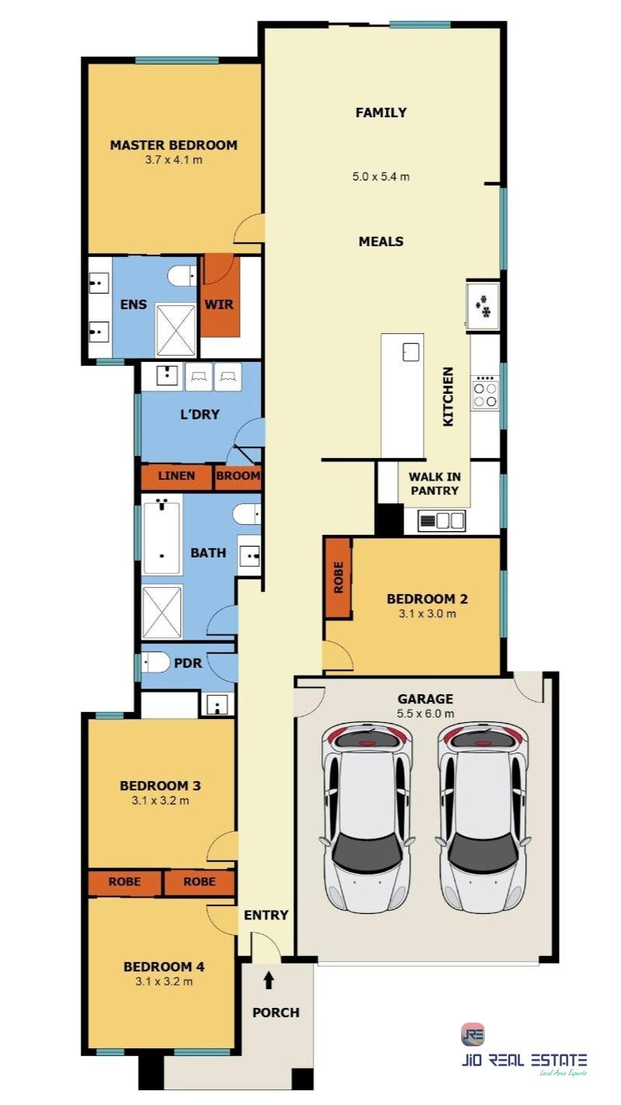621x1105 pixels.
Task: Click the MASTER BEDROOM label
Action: click(174, 145)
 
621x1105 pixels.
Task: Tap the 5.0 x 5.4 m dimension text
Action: click(381, 176)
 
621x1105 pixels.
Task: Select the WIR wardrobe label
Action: click(219, 304)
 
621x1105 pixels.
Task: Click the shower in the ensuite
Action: click(175, 330)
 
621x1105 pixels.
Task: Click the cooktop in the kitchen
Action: click(485, 393)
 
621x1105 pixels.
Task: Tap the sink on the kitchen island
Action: click(411, 353)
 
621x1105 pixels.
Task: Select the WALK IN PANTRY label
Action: click(435, 484)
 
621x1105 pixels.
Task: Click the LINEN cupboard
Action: click(176, 477)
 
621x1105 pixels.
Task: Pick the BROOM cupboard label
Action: click(238, 476)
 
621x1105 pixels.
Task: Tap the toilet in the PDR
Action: click(155, 662)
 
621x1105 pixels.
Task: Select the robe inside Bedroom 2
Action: click(338, 578)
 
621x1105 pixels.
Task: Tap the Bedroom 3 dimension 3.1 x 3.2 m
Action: click(161, 800)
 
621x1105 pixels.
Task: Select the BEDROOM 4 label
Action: click(164, 966)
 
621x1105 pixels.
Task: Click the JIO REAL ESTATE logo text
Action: click(524, 1060)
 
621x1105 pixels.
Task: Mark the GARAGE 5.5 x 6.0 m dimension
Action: click(425, 714)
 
